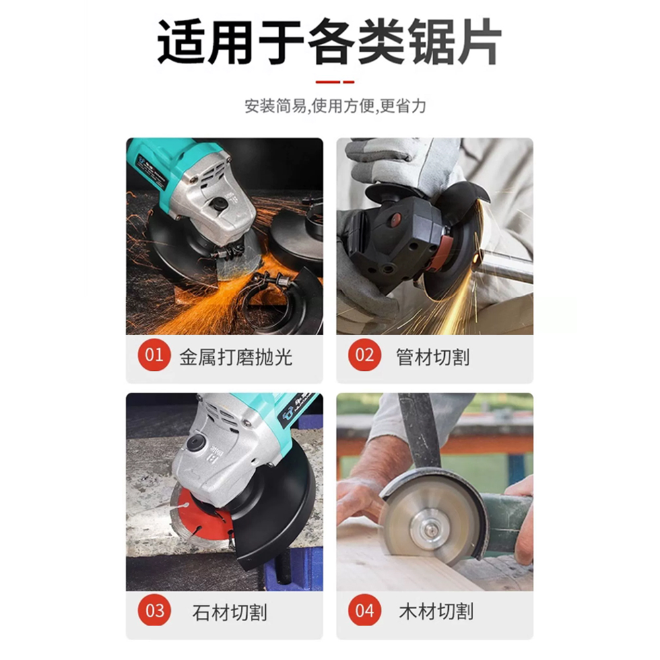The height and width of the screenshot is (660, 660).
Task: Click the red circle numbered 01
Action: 154,355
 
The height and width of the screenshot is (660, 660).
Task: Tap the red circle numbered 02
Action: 364,355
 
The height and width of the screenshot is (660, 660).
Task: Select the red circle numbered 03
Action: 154,610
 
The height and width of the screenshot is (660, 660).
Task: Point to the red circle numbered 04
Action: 364,610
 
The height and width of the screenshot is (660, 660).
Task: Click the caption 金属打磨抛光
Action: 236,357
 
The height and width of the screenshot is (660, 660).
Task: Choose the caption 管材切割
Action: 433,357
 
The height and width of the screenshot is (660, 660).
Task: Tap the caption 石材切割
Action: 230,612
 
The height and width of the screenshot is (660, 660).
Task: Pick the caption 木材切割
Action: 436,612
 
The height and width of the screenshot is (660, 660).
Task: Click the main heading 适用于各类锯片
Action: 329,42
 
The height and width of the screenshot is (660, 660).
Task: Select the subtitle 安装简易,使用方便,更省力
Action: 335,106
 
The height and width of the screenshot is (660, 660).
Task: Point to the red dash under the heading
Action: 335,82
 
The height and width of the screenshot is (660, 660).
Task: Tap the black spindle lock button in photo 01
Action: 219,204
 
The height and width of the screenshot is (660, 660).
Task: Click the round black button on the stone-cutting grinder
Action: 196,444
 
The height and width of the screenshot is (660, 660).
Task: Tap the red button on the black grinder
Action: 395,218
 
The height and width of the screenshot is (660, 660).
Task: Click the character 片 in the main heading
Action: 478,42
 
